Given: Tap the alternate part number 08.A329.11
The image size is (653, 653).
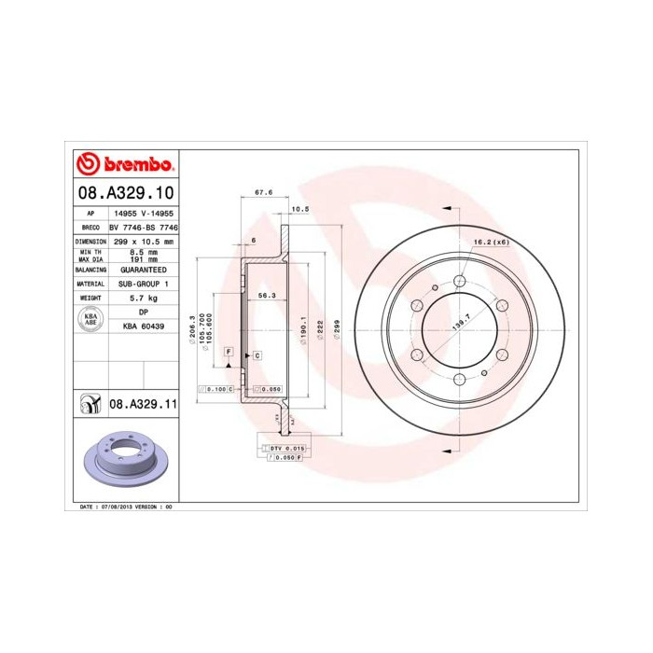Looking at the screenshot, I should tap(143, 403).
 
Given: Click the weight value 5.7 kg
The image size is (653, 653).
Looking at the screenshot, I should tap(143, 297).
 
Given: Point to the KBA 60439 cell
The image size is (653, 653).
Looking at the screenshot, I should tap(143, 326).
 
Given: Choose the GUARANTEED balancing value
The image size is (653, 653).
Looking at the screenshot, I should tap(143, 268).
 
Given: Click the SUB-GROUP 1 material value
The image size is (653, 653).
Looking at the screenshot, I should tap(143, 282).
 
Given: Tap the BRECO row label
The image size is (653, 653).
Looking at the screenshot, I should tap(90, 227).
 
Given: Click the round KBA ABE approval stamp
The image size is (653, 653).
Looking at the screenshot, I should tap(90, 319).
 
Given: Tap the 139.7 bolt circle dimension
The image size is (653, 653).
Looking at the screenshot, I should tap(457, 324).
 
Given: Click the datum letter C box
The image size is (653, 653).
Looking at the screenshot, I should tap(255, 356).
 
